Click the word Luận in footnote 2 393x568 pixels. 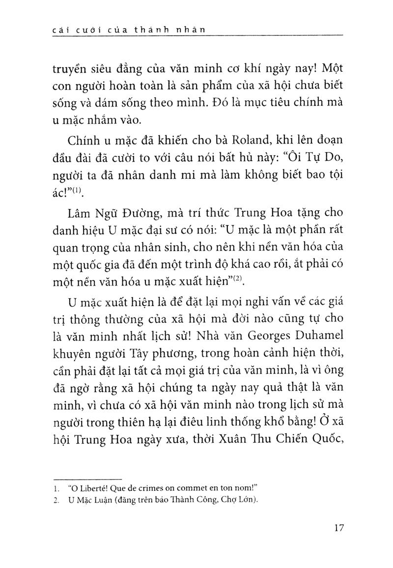pos(105,501)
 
